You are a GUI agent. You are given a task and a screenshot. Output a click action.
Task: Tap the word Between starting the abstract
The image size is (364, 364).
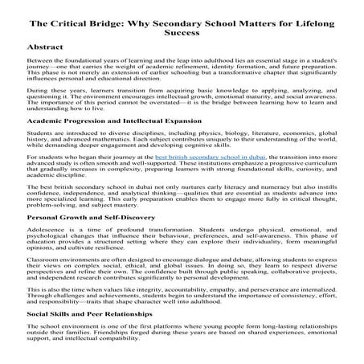click(x=40, y=61)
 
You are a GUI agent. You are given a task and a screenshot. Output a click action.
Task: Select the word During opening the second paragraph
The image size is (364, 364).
click(x=38, y=91)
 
